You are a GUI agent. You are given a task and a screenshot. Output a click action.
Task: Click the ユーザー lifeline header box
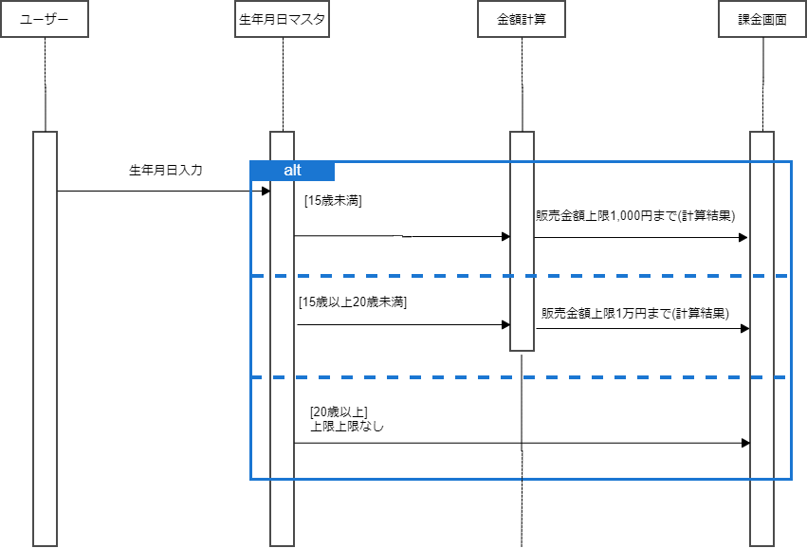(x=45, y=19)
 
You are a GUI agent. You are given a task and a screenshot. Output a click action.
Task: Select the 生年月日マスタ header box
(x=283, y=19)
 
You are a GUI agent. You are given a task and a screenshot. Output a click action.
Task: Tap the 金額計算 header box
(x=522, y=19)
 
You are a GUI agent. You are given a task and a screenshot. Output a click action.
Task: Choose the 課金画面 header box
(x=762, y=19)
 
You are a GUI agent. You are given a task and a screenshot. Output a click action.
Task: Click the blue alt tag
(x=293, y=170)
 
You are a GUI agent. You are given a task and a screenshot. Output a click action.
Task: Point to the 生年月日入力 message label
(x=166, y=171)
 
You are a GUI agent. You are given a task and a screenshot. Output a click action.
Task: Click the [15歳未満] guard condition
(x=334, y=201)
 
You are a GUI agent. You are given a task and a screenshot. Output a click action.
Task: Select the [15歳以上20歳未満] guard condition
(x=352, y=302)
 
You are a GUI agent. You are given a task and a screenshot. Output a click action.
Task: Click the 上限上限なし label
(x=347, y=427)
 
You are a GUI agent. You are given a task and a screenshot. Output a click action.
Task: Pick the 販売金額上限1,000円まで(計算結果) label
(x=635, y=215)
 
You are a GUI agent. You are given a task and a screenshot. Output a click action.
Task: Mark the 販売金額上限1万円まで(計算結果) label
(x=635, y=313)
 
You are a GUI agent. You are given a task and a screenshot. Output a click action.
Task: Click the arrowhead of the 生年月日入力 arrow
(x=266, y=192)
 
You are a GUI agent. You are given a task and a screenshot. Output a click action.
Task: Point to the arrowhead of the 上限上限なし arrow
(x=745, y=443)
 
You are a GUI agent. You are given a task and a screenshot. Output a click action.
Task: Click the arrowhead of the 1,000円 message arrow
(x=743, y=237)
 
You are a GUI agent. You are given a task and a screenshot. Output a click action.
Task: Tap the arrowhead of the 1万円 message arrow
(x=744, y=328)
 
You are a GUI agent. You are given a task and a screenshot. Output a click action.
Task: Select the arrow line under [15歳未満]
(x=398, y=236)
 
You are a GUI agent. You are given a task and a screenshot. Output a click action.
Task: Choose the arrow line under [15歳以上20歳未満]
(x=398, y=324)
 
